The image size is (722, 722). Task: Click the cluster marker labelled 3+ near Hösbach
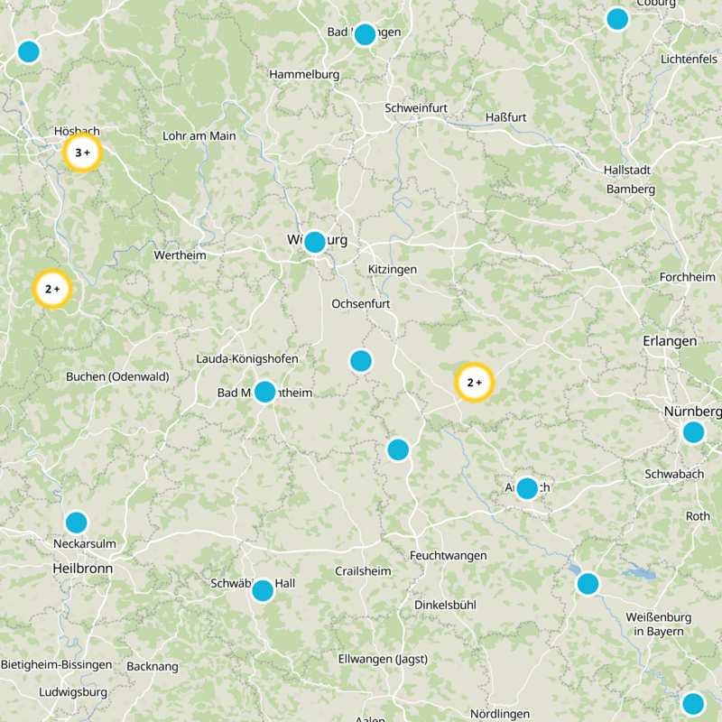(x=82, y=153)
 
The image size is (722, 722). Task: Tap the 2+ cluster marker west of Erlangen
(x=474, y=383)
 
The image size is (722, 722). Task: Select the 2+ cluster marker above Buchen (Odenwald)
(x=51, y=290)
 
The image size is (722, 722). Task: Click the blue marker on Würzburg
(x=314, y=242)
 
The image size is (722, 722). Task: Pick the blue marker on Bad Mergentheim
(x=264, y=392)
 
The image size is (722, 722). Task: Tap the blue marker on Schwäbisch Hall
(x=263, y=590)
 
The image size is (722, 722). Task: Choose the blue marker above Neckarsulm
(x=76, y=523)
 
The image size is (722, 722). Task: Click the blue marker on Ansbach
(x=526, y=488)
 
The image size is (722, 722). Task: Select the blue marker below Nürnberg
(x=693, y=432)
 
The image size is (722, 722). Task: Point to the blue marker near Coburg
(x=617, y=19)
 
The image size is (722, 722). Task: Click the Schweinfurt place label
(x=416, y=108)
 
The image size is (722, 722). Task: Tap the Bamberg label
(x=631, y=190)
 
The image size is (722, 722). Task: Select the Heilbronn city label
(x=83, y=569)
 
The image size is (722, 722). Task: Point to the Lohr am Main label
(x=199, y=136)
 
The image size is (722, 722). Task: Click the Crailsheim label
(x=363, y=571)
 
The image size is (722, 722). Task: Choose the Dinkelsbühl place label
(x=445, y=605)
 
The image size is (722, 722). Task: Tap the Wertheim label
(x=180, y=255)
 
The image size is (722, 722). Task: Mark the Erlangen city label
(x=670, y=341)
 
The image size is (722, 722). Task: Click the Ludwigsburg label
(x=73, y=693)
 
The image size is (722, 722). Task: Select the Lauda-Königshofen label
(x=247, y=359)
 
